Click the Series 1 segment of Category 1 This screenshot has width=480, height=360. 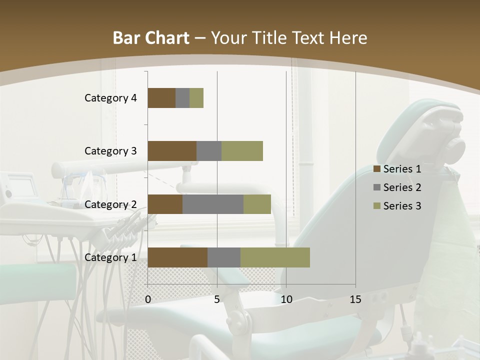(177, 257)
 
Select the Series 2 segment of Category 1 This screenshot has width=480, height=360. (224, 257)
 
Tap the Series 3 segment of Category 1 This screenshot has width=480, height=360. (275, 257)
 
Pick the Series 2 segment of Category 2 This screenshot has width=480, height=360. (213, 204)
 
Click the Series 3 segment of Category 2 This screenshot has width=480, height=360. (257, 204)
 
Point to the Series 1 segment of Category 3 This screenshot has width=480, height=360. (172, 151)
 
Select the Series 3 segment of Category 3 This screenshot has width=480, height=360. (242, 151)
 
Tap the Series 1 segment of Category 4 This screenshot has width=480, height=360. (161, 98)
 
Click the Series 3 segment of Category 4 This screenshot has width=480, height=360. (196, 98)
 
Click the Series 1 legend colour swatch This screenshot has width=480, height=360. (376, 169)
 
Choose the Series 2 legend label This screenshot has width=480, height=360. (402, 187)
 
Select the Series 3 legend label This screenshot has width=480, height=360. (402, 206)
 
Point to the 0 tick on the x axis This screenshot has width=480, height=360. (148, 299)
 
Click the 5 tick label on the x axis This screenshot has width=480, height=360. (217, 299)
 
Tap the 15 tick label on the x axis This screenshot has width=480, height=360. (355, 299)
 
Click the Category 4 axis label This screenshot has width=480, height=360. (110, 98)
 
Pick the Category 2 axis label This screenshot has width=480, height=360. (110, 204)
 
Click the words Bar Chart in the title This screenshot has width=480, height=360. (151, 38)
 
